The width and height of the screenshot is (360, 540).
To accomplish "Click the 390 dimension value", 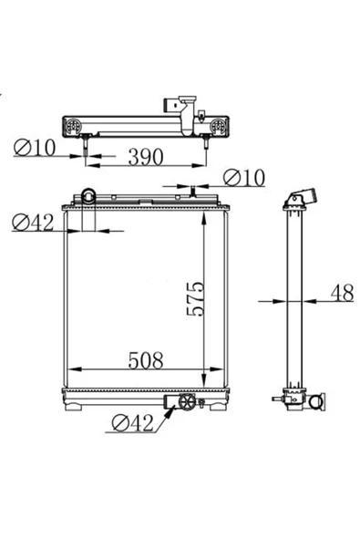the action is [x=146, y=157].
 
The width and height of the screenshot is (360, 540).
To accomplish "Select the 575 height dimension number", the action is [x=195, y=298].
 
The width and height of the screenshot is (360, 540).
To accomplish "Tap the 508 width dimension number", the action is [x=146, y=360].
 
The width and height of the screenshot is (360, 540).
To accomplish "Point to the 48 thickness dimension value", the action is [x=342, y=293].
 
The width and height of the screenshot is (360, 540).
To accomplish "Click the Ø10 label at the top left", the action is [x=35, y=148].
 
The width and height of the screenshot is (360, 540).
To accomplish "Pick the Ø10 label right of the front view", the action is [x=244, y=178].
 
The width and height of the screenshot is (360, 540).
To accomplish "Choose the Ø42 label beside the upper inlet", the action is [x=33, y=223].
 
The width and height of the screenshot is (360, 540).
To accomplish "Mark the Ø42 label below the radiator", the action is [x=132, y=423].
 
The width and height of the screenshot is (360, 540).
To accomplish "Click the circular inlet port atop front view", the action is [x=88, y=196].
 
